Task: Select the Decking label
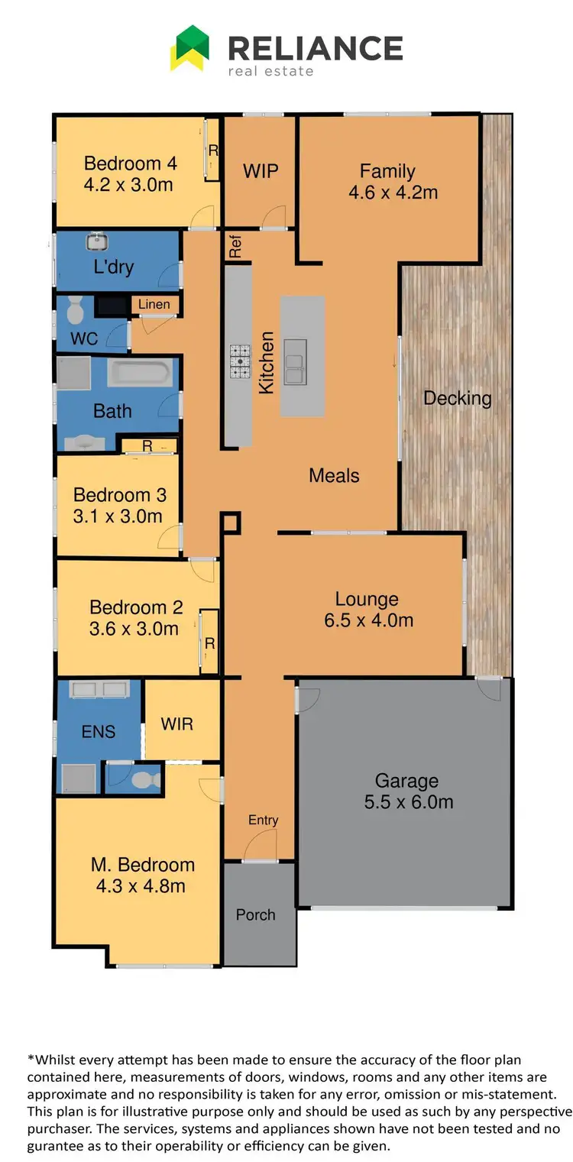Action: (457, 398)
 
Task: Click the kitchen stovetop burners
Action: (241, 361)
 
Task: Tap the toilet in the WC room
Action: (75, 309)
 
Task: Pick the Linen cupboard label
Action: (154, 305)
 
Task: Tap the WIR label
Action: (177, 723)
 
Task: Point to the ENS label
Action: (99, 731)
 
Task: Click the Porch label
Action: (255, 914)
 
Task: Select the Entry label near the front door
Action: (263, 820)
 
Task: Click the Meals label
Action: (334, 475)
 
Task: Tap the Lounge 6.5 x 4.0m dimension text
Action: (368, 620)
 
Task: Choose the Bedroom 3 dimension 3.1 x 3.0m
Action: (118, 516)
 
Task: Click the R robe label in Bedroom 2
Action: (209, 643)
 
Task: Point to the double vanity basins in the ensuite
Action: (99, 690)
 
